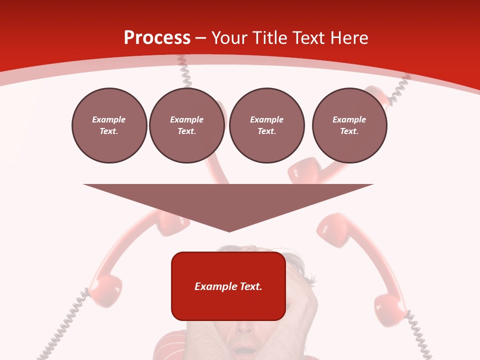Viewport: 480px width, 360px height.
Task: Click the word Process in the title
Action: (x=157, y=37)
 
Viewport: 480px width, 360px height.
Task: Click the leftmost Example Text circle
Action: (x=109, y=125)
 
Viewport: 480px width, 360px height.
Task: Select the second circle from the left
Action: (x=187, y=125)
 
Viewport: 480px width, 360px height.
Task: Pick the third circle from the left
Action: (x=266, y=125)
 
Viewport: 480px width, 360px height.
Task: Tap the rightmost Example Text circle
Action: (x=349, y=125)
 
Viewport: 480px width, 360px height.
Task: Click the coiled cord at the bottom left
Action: (x=62, y=325)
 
